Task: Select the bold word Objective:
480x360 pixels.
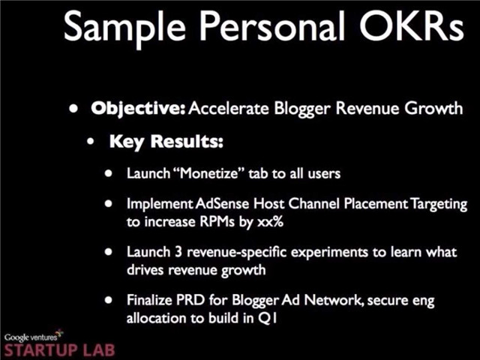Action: [x=138, y=109]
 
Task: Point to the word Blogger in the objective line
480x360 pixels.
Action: [x=302, y=109]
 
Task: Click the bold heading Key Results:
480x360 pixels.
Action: [x=166, y=142]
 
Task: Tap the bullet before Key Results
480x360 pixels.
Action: [x=91, y=142]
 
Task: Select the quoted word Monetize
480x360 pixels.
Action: [x=209, y=173]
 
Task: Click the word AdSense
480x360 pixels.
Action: [x=222, y=203]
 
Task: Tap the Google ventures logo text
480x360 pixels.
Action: [x=31, y=337]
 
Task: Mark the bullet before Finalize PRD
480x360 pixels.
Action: [x=108, y=300]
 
